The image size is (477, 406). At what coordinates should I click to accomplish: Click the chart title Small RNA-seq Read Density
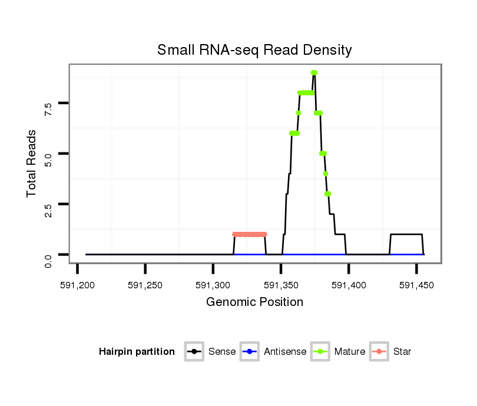(254, 50)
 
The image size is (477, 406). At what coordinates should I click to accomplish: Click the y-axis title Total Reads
(32, 163)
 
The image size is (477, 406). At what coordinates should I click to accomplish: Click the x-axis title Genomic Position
(254, 302)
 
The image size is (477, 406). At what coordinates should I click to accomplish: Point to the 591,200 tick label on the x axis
(77, 285)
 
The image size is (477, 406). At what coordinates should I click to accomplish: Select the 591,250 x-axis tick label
(145, 285)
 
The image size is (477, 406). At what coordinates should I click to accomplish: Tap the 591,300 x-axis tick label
(213, 285)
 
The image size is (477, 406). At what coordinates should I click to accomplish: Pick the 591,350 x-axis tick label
(280, 285)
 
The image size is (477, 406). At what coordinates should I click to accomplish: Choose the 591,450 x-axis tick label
(416, 285)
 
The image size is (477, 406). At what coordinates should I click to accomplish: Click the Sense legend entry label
(222, 352)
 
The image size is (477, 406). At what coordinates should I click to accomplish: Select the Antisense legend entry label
(285, 352)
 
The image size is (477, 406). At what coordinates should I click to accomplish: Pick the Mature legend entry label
(349, 352)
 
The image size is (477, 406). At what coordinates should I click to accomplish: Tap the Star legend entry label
(402, 352)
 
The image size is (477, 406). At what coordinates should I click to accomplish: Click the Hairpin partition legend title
(137, 352)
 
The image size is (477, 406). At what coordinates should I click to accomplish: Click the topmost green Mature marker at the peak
(314, 72)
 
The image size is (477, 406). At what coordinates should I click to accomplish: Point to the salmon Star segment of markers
(249, 234)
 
